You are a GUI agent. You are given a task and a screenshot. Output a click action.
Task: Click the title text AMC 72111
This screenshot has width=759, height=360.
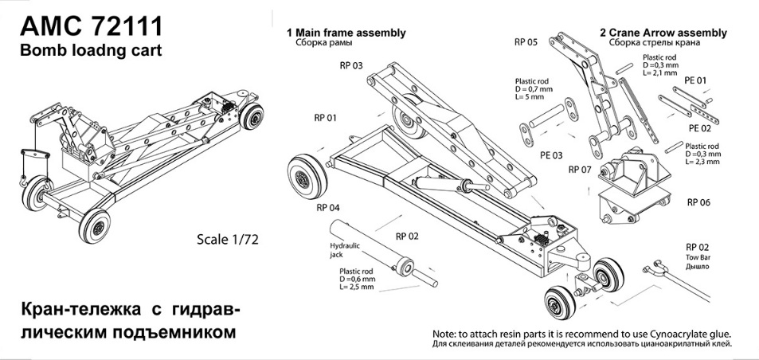point(91,26)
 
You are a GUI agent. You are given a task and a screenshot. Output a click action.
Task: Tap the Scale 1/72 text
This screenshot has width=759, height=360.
point(228,239)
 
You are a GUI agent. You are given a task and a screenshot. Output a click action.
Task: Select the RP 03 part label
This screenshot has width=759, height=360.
point(351,65)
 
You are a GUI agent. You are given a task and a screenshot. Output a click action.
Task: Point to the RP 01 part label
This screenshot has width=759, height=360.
point(325,118)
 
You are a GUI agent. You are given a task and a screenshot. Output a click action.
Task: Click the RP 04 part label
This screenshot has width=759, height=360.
point(328,208)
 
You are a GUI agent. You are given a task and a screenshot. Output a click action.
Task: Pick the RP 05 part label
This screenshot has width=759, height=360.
point(526,42)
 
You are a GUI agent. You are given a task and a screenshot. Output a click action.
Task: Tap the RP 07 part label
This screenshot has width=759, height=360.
point(581,170)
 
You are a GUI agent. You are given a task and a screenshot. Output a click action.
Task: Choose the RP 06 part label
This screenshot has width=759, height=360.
point(698,202)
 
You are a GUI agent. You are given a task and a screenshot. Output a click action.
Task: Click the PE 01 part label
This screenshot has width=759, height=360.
point(695,80)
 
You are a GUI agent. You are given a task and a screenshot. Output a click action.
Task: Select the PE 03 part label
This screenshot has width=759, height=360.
point(551,155)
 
